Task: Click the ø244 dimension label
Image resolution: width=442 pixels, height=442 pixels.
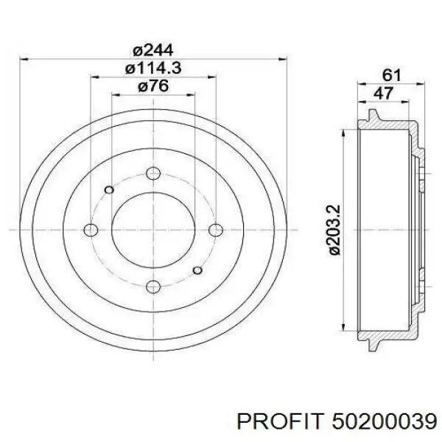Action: click(x=153, y=50)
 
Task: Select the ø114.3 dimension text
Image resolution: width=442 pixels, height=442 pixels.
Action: click(x=153, y=69)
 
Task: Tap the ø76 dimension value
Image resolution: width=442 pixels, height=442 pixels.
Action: click(x=153, y=85)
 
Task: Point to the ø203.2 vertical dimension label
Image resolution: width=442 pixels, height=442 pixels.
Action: click(x=335, y=230)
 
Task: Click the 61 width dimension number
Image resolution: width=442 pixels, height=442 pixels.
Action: click(x=392, y=75)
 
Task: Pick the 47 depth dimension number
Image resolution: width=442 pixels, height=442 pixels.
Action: click(x=383, y=93)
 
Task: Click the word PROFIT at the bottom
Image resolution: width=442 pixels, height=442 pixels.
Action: click(x=280, y=422)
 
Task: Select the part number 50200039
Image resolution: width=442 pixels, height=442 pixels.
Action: click(x=385, y=422)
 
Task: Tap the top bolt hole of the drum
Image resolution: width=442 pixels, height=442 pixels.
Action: click(x=153, y=173)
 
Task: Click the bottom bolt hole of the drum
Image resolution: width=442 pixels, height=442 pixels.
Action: click(x=153, y=287)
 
